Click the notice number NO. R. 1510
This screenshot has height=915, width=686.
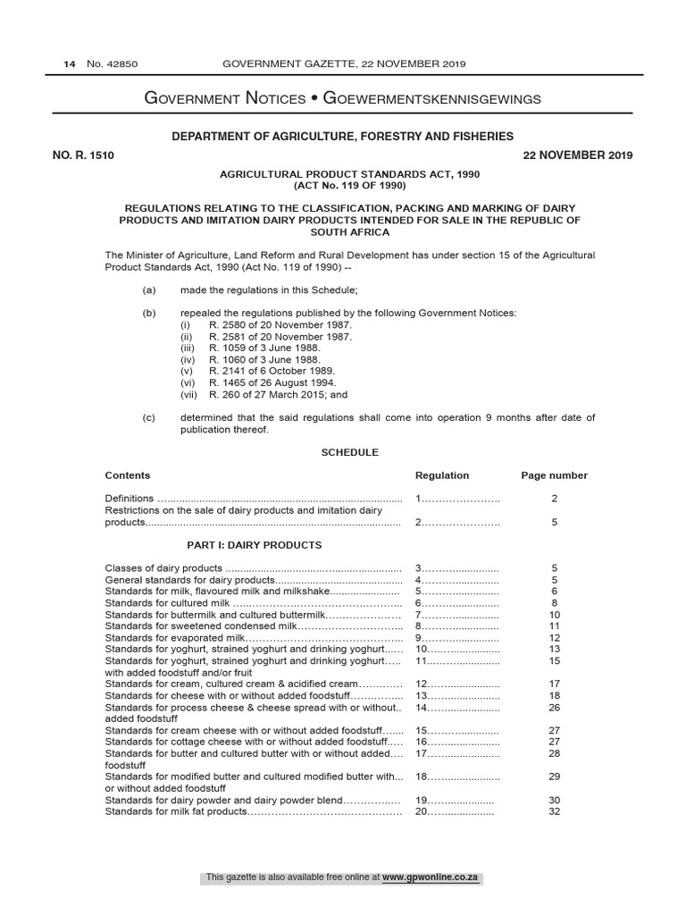coord(83,155)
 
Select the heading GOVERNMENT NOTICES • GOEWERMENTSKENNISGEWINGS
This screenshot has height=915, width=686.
coord(343,98)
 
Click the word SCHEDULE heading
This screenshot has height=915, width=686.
coord(350,453)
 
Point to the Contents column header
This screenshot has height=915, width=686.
coord(128,475)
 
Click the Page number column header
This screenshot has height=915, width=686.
coord(554,475)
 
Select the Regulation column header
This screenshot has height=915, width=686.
coord(442,475)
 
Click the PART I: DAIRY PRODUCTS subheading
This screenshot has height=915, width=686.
coord(253,545)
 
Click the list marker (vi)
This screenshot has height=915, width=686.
coord(187,382)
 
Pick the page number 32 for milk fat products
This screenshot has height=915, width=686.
coord(554,811)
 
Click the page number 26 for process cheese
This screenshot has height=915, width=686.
coord(554,708)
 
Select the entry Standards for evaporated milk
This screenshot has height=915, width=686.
coord(174,638)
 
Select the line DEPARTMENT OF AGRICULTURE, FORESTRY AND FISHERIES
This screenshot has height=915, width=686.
coord(343,136)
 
